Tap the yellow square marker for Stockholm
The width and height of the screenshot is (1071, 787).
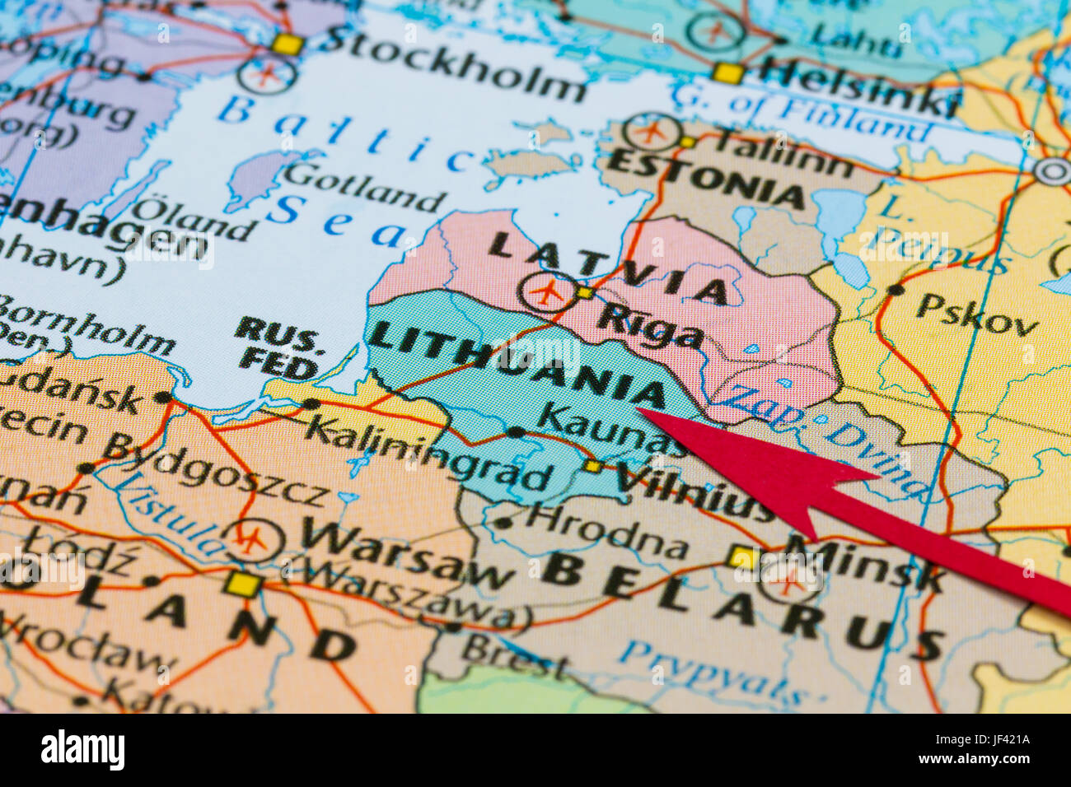pos(287,44)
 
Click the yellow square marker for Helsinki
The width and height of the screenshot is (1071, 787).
pos(727,73)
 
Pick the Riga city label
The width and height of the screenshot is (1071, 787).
pos(651,326)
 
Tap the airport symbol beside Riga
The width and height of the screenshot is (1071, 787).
pos(547,292)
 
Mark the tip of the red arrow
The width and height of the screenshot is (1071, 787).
pos(639,410)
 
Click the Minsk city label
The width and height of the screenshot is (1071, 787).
pos(865,563)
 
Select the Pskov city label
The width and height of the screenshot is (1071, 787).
pos(977,314)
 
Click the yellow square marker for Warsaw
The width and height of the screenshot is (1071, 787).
pos(244,585)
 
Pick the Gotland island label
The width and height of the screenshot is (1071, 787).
pos(363,186)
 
